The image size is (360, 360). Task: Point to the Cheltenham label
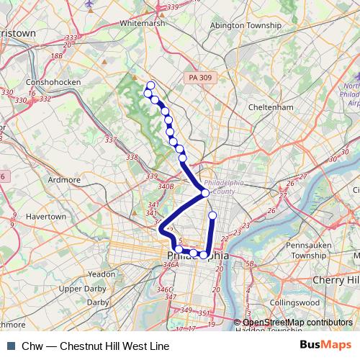(x=256, y=107)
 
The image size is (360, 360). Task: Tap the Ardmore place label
(x=63, y=179)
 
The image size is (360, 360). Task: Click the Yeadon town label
(x=100, y=274)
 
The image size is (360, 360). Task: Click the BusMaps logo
(x=326, y=346)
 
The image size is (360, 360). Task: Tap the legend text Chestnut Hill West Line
(x=114, y=346)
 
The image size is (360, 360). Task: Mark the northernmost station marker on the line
(x=150, y=85)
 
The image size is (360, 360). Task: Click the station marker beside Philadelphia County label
(x=205, y=193)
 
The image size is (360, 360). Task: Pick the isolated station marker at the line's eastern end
(x=212, y=215)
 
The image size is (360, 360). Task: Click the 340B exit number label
(x=166, y=186)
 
